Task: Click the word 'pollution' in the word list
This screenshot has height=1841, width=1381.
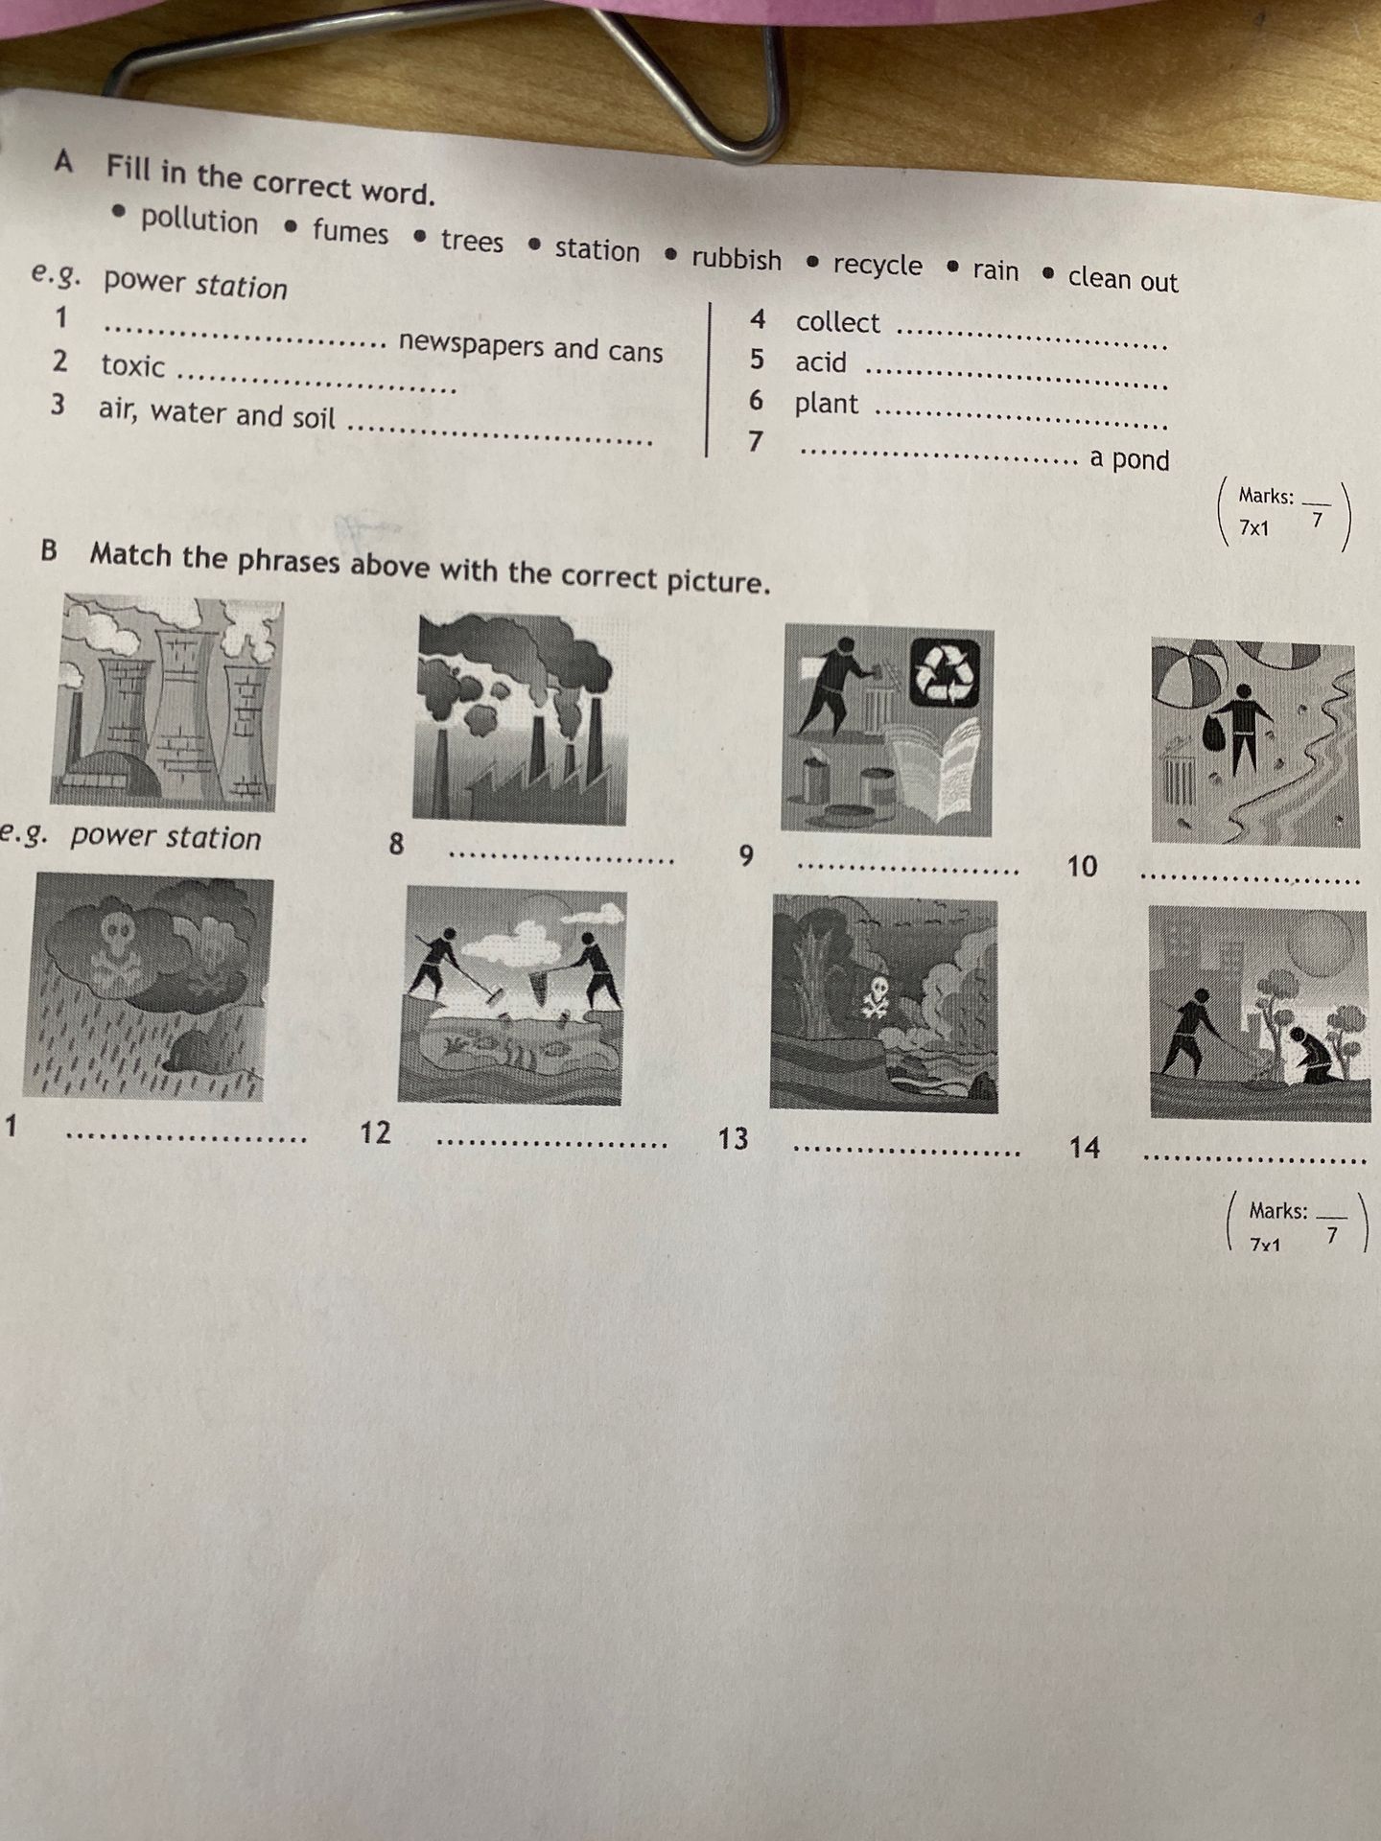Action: (x=199, y=221)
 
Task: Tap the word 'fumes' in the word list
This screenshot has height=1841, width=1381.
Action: (x=350, y=232)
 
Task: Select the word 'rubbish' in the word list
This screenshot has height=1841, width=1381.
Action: (x=737, y=259)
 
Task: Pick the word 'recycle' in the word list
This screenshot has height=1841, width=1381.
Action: (x=878, y=265)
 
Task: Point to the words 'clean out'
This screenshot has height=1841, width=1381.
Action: (x=1123, y=278)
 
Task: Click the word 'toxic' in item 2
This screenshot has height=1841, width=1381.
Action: (x=133, y=365)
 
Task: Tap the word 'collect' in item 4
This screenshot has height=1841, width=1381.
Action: (x=837, y=322)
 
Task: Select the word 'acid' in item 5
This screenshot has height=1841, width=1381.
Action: (x=821, y=362)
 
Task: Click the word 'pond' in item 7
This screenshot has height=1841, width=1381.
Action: (x=1141, y=460)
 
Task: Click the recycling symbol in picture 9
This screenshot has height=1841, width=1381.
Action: (x=946, y=672)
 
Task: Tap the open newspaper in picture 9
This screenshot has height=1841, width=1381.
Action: (x=936, y=768)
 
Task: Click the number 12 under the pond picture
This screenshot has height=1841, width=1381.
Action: (x=375, y=1132)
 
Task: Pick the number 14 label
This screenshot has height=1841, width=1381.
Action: (x=1085, y=1147)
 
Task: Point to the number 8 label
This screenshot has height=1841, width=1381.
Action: (x=396, y=844)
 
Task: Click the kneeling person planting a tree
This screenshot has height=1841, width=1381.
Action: (x=1310, y=1056)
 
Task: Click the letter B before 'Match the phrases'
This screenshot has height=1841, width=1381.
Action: (x=49, y=550)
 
